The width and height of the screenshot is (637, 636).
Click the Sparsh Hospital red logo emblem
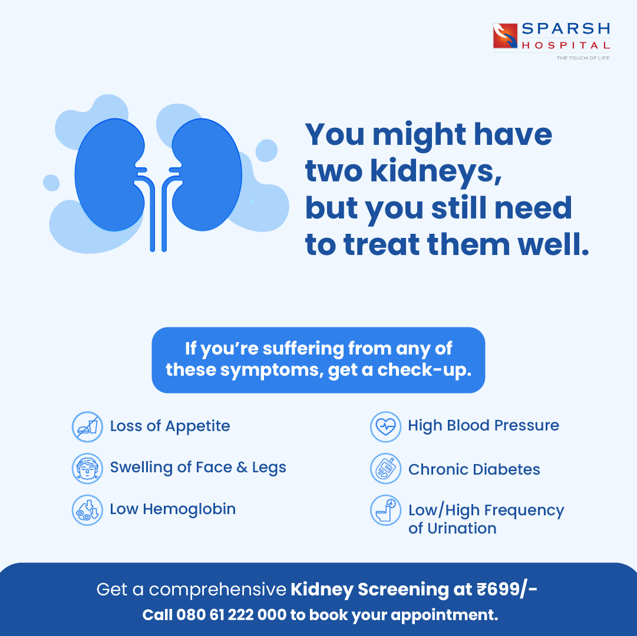[x=505, y=35]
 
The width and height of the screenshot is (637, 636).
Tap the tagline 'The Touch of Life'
[x=583, y=58]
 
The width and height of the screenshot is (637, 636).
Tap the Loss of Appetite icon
[x=87, y=426]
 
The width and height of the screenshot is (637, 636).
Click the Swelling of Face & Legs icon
[x=87, y=468]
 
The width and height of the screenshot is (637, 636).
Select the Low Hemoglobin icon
[x=87, y=510]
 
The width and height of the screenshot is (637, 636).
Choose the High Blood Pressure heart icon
[x=385, y=426]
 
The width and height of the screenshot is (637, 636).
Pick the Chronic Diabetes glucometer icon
[x=385, y=469]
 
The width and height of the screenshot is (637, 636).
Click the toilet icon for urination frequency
[x=385, y=510]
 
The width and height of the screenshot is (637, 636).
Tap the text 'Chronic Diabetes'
[x=474, y=469]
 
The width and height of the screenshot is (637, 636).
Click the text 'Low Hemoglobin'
[x=173, y=509]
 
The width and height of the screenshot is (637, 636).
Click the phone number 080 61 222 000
[x=232, y=615]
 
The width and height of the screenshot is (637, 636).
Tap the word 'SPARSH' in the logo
[x=565, y=29]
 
